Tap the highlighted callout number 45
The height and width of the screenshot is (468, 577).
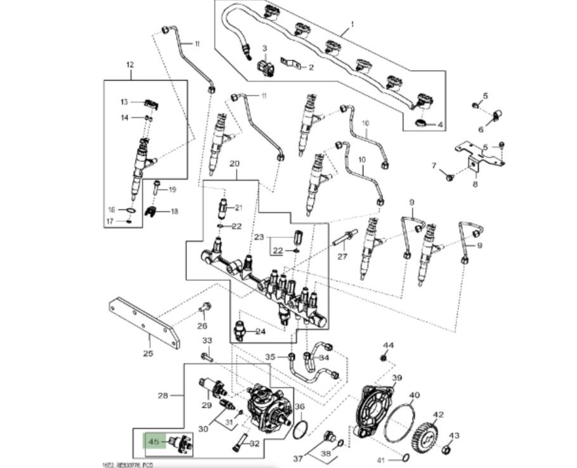(153, 441)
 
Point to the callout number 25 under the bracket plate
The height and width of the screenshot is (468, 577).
(148, 353)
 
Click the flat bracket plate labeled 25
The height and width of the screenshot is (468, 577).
(145, 323)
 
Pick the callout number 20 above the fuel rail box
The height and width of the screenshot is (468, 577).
(235, 164)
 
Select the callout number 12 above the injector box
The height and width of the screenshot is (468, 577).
(131, 65)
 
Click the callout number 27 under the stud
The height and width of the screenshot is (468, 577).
(342, 257)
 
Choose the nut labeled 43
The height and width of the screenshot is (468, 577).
(446, 450)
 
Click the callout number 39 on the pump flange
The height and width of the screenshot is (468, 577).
(397, 379)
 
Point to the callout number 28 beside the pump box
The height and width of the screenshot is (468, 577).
(163, 396)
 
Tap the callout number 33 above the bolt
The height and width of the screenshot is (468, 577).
(207, 341)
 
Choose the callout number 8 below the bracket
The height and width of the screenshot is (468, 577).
(475, 185)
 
